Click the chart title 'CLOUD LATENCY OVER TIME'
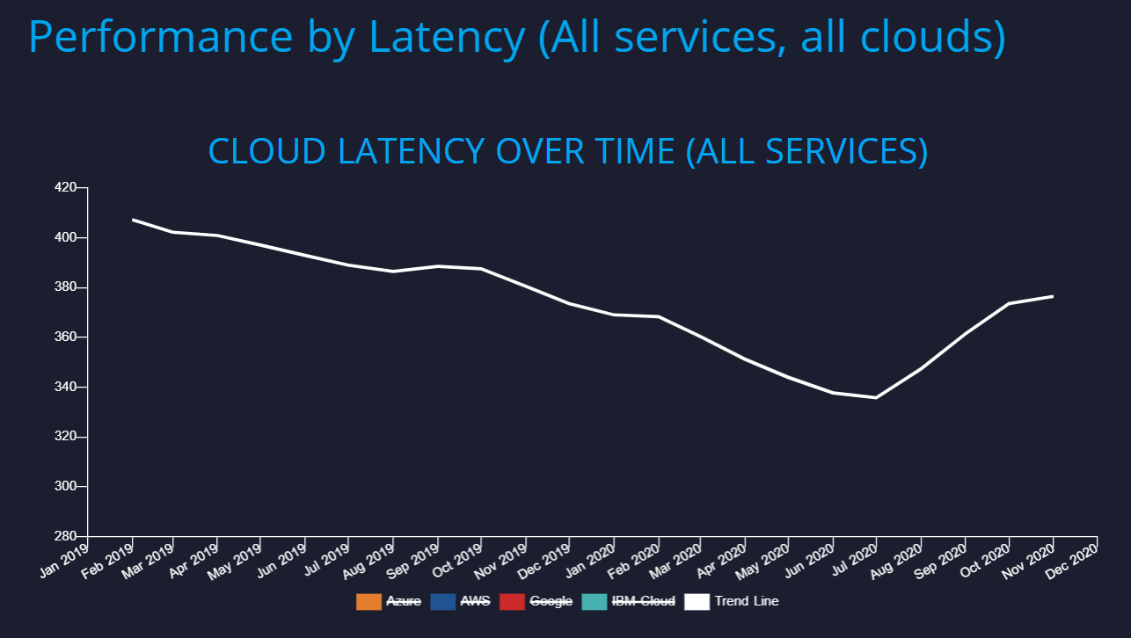click(567, 151)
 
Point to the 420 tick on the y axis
click(66, 187)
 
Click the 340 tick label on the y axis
click(66, 387)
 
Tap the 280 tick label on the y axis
click(66, 536)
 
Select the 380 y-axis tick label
click(66, 287)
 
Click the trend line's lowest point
click(876, 397)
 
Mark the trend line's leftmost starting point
click(133, 220)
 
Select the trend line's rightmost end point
click(1053, 296)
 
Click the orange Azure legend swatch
click(368, 601)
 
